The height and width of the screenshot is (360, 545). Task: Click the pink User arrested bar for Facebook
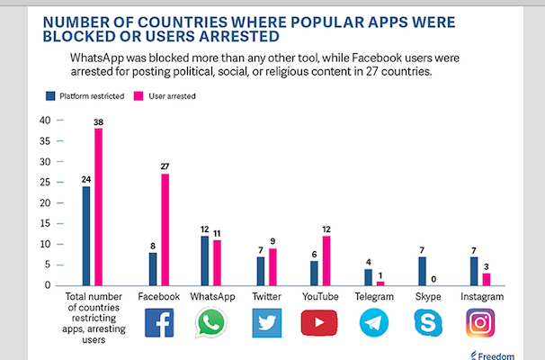click(x=165, y=229)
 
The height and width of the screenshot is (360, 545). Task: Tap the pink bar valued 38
click(x=98, y=207)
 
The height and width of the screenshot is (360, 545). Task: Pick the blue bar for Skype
click(x=423, y=271)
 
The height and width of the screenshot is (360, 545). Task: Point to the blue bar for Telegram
click(x=367, y=277)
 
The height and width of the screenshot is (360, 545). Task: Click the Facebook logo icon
click(x=159, y=323)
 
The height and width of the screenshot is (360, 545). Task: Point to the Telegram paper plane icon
click(x=373, y=323)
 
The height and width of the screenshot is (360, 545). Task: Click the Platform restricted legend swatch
click(x=50, y=94)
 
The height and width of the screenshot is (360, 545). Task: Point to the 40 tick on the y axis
click(x=46, y=121)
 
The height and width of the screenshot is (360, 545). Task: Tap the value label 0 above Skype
click(x=434, y=279)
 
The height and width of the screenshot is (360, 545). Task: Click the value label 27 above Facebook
click(x=165, y=166)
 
